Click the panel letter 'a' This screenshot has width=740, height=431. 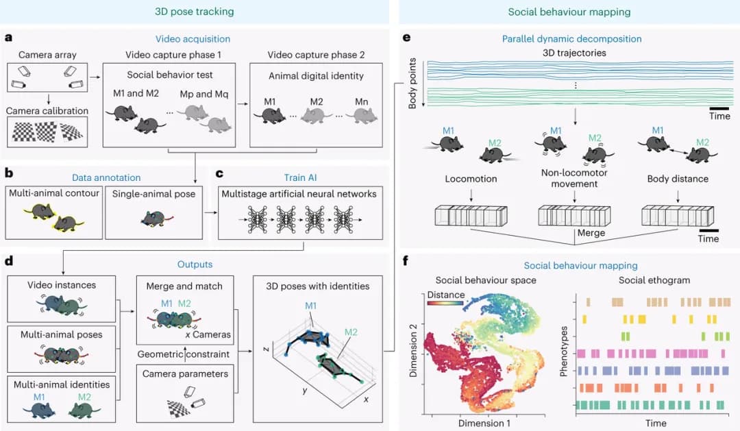pyautogui.click(x=8, y=38)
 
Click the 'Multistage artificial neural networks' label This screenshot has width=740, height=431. pyautogui.click(x=299, y=194)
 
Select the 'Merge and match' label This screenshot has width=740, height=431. pyautogui.click(x=184, y=286)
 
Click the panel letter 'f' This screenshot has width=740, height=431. pyautogui.click(x=407, y=260)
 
